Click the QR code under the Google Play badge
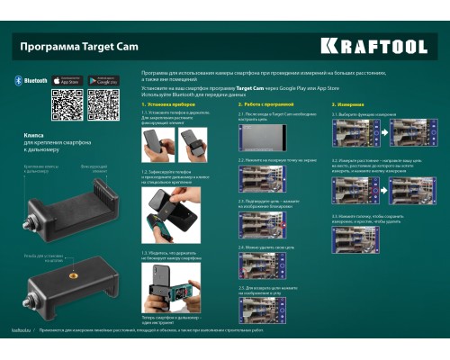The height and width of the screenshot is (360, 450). [104, 106]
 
